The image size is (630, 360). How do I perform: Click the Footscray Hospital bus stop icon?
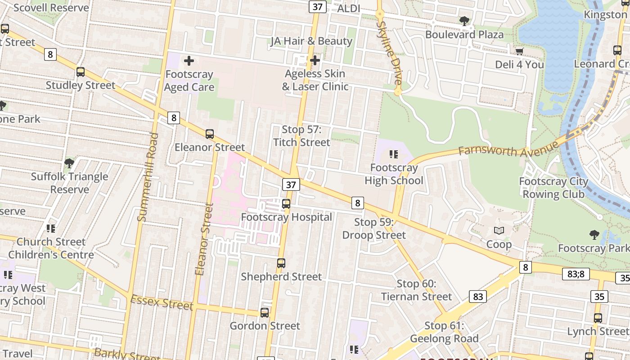click(286, 204)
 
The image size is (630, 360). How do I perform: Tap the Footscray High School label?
click(394, 174)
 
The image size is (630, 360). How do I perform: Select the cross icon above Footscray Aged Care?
click(189, 60)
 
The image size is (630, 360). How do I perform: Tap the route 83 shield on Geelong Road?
click(478, 296)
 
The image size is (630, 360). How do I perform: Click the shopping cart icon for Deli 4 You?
click(519, 51)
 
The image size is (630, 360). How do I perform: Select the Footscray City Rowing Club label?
click(553, 188)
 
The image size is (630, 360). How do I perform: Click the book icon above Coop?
click(499, 231)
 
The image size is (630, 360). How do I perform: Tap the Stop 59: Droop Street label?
click(374, 229)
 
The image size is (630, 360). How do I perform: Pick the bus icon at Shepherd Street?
click(281, 263)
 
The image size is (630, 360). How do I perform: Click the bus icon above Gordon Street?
click(265, 312)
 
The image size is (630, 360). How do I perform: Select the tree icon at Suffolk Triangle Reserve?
click(69, 163)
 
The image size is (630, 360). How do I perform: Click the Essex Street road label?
click(162, 302)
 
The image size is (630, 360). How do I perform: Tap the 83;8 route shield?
click(576, 274)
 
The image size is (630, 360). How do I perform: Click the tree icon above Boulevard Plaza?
click(464, 21)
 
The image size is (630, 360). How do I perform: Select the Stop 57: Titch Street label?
click(301, 136)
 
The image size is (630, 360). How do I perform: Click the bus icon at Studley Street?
click(81, 72)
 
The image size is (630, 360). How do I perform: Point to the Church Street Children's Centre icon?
click(51, 229)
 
